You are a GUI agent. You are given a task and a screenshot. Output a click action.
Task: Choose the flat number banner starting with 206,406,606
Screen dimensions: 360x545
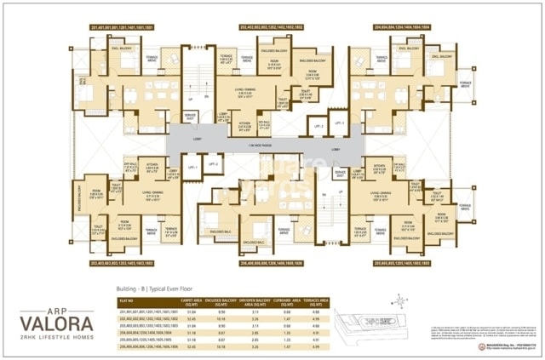pyautogui.click(x=267, y=265)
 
